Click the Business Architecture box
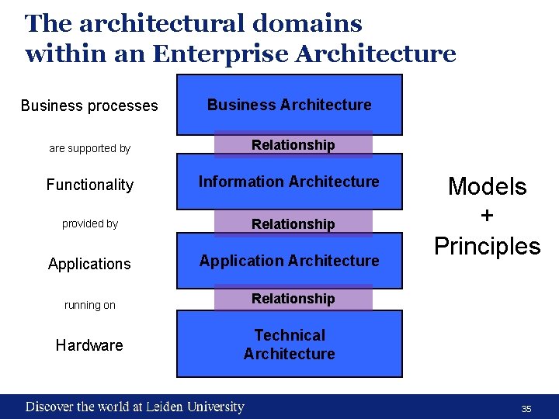289,105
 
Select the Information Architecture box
289,182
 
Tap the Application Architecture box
289,261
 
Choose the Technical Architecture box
289,345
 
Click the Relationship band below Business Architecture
293,145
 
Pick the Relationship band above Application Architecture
293,224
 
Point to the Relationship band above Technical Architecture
293,299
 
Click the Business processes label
89,106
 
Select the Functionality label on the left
89,185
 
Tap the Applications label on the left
89,264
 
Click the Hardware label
89,345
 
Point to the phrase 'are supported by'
89,148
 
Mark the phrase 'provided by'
90,223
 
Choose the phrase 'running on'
89,305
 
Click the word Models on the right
487,186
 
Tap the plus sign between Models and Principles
487,216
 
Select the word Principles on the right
487,246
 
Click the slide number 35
526,408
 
